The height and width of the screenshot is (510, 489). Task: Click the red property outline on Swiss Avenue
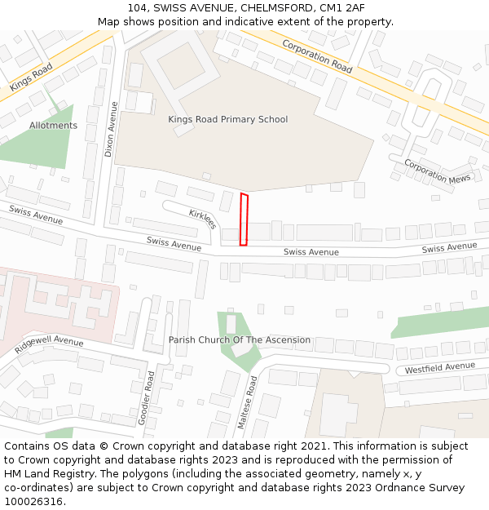(x=244, y=220)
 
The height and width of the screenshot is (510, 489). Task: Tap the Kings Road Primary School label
(x=228, y=119)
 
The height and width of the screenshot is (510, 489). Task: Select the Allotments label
(x=53, y=126)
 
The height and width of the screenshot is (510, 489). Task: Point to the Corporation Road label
(x=317, y=56)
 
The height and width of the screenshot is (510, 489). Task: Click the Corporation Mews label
(x=438, y=171)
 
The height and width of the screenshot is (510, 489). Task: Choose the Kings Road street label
(x=31, y=77)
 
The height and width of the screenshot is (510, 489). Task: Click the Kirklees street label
(x=202, y=219)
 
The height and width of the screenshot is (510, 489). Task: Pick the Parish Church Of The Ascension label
(x=240, y=339)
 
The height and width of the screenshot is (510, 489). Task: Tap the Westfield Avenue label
(x=439, y=369)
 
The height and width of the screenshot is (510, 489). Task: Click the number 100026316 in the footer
(x=33, y=501)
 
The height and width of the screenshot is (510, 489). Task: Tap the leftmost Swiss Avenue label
(x=36, y=215)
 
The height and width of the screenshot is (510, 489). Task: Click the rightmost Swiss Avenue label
(x=449, y=247)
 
